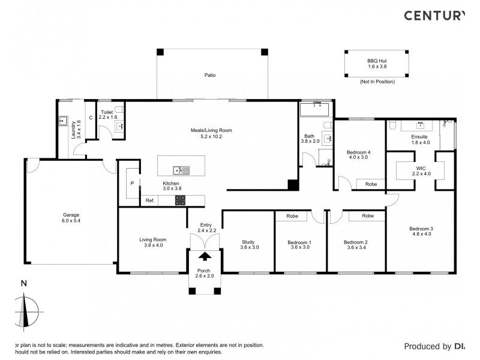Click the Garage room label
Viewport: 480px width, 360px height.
(71, 215)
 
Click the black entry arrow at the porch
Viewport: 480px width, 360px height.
(205, 256)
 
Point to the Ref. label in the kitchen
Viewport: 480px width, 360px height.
(150, 201)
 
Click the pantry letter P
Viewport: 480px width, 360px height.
(131, 184)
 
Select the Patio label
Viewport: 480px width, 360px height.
(209, 75)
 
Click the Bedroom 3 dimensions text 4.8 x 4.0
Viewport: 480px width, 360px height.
(421, 234)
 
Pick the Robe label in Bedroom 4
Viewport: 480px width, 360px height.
(371, 184)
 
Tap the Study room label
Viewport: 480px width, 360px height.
(248, 242)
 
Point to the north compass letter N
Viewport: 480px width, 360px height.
(23, 283)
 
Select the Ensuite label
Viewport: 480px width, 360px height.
(421, 136)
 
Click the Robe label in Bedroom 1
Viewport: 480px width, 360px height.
(292, 215)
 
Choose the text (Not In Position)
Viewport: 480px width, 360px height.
(377, 81)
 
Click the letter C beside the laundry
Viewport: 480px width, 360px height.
(91, 118)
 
